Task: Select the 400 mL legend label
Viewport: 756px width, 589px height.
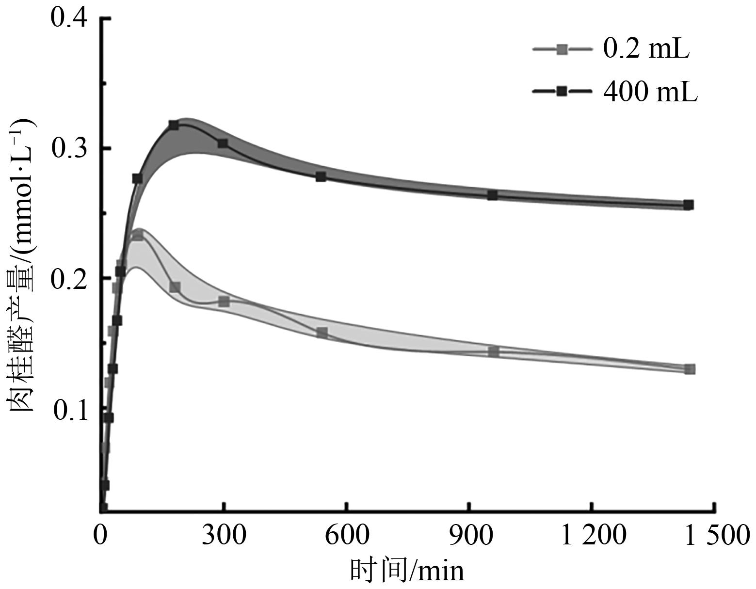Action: click(650, 91)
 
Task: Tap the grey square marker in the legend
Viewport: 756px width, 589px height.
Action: click(562, 49)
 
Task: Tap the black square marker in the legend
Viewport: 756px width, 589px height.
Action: click(562, 91)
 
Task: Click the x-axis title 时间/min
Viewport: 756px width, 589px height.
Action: click(407, 570)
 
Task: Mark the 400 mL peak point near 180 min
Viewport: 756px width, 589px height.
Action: click(174, 126)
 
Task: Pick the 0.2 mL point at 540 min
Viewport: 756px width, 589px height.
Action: click(322, 333)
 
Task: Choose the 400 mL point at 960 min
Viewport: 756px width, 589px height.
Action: click(492, 195)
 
